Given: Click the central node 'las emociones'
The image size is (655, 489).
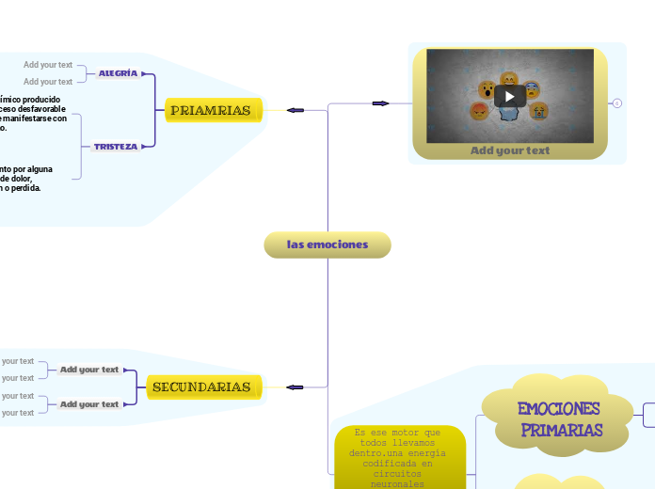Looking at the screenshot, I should (327, 244).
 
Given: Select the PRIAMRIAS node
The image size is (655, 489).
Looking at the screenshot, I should (211, 111).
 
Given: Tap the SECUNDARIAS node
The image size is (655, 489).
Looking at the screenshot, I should (201, 386).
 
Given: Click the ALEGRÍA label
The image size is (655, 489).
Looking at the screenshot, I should (119, 73).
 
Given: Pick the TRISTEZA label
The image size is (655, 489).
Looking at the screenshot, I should (116, 147).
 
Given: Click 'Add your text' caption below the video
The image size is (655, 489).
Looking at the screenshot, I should (509, 150).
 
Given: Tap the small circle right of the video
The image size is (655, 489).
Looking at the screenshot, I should (617, 103).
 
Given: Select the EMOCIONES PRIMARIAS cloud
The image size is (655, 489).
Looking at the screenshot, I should (559, 419).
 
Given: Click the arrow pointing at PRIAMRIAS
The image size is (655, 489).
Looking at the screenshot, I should (295, 110).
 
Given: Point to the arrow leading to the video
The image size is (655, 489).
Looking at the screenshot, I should (380, 103).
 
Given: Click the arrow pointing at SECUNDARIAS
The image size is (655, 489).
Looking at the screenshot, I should (295, 386).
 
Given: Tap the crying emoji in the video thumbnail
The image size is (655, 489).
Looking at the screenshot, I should (538, 112).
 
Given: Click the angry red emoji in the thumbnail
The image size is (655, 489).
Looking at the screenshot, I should (480, 112).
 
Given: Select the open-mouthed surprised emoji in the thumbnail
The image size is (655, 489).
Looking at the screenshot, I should (487, 90).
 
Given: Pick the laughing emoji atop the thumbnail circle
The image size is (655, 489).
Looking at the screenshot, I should (509, 79).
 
